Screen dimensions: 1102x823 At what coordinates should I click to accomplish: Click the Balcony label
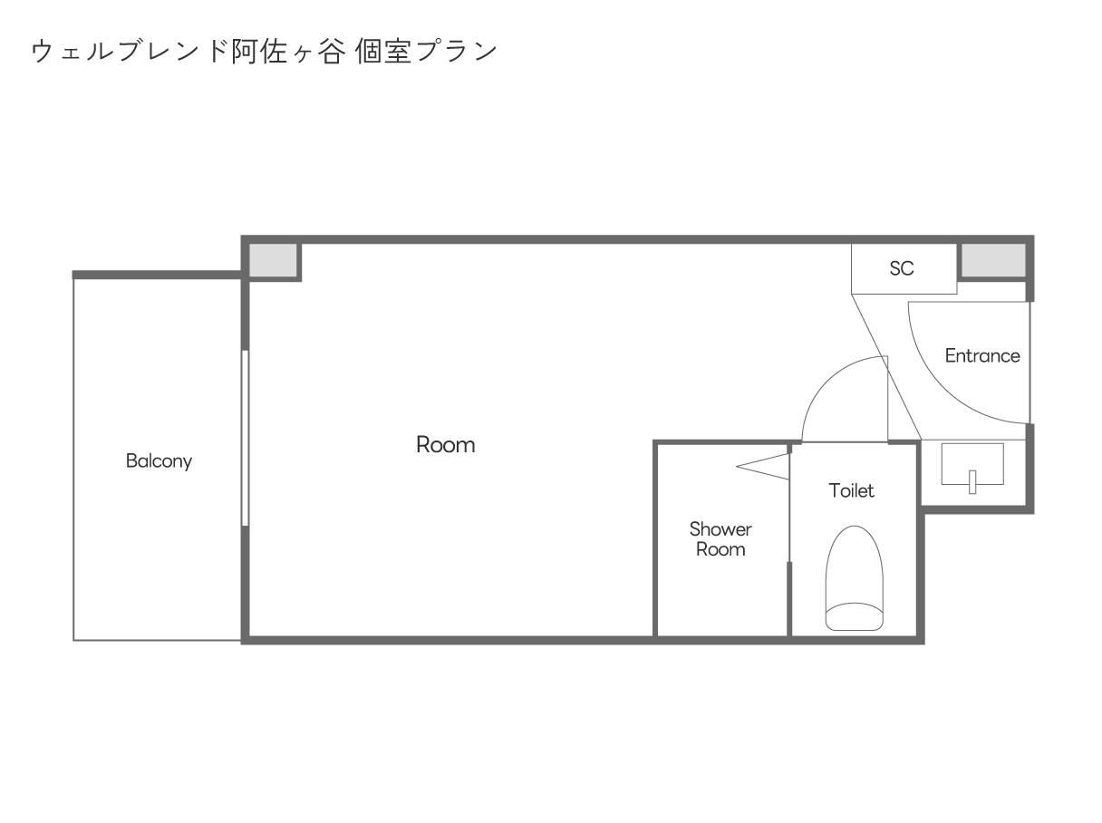(159, 460)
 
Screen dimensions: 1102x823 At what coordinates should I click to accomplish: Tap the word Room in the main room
(445, 445)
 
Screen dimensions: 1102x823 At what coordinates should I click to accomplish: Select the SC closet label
(902, 268)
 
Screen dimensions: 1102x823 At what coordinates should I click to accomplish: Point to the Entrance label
(982, 355)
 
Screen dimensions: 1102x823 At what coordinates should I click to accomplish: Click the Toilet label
(852, 490)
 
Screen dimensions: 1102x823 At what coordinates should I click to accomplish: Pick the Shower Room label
(720, 538)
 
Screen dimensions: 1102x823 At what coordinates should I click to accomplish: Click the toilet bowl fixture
(854, 577)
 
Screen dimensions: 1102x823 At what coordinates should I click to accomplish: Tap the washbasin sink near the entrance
(972, 464)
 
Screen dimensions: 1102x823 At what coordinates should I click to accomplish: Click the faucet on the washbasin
(972, 481)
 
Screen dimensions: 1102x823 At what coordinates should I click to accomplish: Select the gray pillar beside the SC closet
(993, 259)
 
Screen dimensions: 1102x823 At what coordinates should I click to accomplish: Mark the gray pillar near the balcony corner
(272, 259)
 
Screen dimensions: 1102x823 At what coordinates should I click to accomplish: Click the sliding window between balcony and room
(245, 438)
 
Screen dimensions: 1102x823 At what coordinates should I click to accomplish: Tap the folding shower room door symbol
(763, 466)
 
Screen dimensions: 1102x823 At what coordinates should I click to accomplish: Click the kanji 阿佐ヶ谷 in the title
(289, 52)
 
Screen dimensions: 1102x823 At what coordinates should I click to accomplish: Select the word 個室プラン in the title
(426, 52)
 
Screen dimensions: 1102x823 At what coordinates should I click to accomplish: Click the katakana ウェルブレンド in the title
(130, 52)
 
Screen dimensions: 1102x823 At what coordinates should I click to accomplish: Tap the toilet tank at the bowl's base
(854, 616)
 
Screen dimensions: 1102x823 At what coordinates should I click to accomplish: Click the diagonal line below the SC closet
(886, 367)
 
